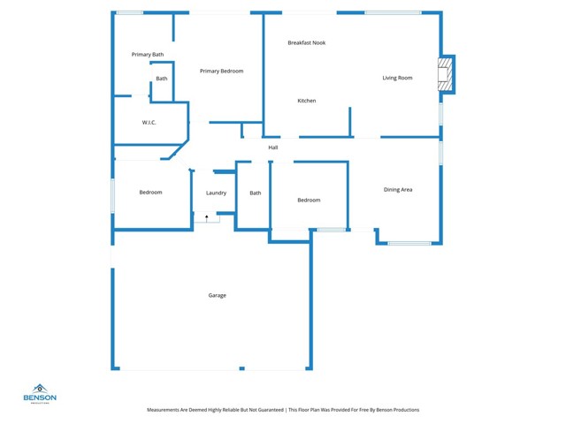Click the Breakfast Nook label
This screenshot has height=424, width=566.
tap(306, 42)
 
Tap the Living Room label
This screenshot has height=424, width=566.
tap(397, 78)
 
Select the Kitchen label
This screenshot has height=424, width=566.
tap(306, 101)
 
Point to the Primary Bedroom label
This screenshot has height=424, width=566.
tap(221, 71)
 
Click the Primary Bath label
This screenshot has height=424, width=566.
tap(148, 55)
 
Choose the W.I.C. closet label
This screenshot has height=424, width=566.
tap(149, 122)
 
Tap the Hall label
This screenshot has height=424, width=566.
tap(273, 148)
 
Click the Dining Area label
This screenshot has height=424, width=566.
tap(398, 189)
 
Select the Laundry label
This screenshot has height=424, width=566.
tap(216, 193)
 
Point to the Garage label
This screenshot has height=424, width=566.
tap(217, 295)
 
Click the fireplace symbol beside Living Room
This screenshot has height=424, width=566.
tap(447, 74)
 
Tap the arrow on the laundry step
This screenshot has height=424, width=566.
tap(207, 216)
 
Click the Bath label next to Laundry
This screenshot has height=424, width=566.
tap(255, 193)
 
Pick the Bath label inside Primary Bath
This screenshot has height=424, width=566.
tap(162, 79)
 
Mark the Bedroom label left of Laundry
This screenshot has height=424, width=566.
tap(150, 192)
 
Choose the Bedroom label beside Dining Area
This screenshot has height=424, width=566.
tap(309, 200)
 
